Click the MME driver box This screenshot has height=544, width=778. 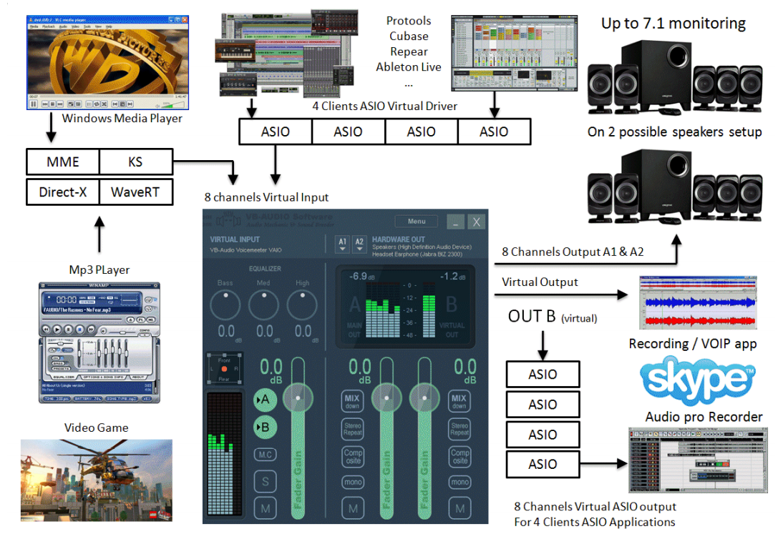point(63,162)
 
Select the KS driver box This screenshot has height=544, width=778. point(135,162)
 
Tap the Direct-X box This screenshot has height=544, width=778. point(63,192)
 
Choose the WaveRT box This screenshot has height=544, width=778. point(135,192)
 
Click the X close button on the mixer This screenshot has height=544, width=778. point(476,222)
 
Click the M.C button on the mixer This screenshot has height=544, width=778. point(266,454)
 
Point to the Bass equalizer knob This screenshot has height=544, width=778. point(225,305)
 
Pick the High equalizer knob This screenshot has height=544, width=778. point(302,305)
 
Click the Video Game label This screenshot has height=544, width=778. point(97,427)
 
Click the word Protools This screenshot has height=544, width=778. point(409,21)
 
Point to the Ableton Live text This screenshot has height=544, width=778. point(409,67)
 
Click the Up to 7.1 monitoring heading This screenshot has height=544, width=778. point(673,23)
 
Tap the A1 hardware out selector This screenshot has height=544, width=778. point(342,244)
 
